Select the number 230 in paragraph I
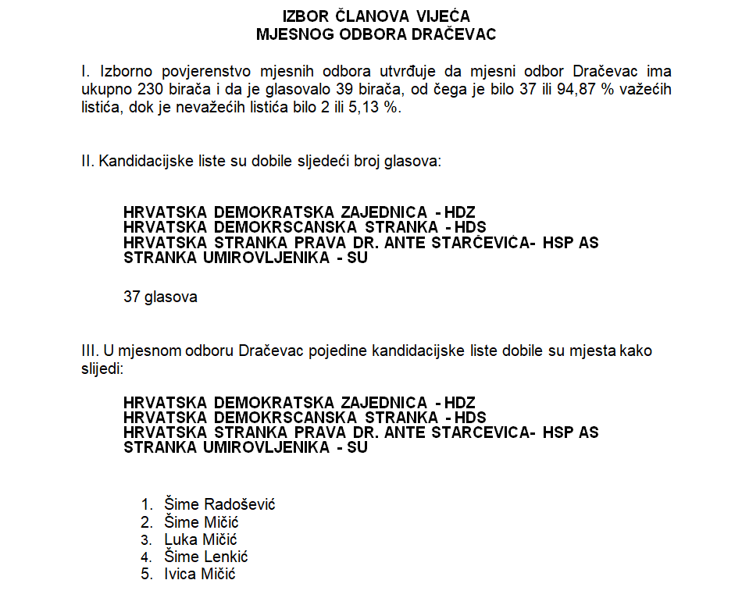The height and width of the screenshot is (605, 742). pyautogui.click(x=151, y=90)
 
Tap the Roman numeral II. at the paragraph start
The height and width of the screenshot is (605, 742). pyautogui.click(x=87, y=162)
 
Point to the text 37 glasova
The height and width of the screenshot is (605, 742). pyautogui.click(x=160, y=297)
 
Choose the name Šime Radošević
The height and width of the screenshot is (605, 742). pyautogui.click(x=219, y=504)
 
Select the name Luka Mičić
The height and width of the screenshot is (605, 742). pyautogui.click(x=201, y=539)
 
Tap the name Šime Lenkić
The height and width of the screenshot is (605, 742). pyautogui.click(x=205, y=557)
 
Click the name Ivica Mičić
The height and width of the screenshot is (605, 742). pyautogui.click(x=199, y=575)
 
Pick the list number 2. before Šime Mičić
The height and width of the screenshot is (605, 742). pyautogui.click(x=146, y=522)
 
